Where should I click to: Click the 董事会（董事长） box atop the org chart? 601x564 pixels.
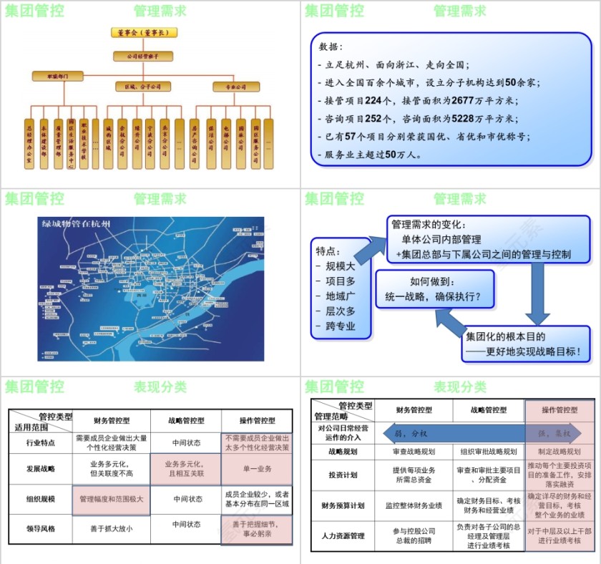[x=144, y=32]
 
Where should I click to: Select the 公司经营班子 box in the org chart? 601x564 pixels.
[x=143, y=55]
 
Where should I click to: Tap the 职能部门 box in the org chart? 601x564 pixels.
[x=58, y=75]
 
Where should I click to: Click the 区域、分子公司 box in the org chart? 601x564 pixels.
[x=143, y=87]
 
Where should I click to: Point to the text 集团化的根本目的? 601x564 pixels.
[x=507, y=336]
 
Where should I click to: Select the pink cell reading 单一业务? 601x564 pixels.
[x=257, y=468]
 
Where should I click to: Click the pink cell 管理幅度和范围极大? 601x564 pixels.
[x=112, y=499]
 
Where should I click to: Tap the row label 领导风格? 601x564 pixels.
[x=40, y=529]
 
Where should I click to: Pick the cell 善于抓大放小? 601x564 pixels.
[x=112, y=529]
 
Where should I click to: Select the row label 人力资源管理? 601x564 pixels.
[x=342, y=535]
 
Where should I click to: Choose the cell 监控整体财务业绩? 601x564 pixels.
[x=414, y=505]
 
